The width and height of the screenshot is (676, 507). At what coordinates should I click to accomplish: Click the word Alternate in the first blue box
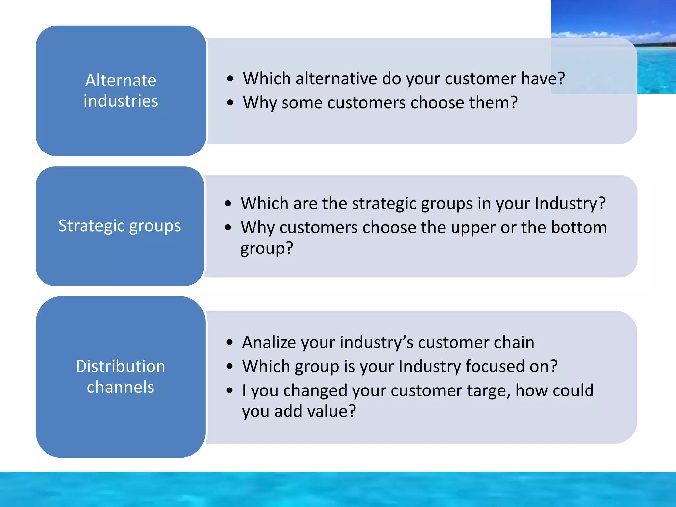pos(121,80)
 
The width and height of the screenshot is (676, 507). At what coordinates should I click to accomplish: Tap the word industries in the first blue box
pos(121,101)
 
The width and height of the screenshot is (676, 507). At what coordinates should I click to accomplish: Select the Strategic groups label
pos(119,226)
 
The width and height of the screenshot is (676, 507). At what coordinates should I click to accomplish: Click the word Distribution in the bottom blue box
pos(120,366)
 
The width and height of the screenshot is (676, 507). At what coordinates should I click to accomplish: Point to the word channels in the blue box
pos(120,387)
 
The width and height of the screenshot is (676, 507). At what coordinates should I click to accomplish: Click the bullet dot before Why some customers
pos(230,103)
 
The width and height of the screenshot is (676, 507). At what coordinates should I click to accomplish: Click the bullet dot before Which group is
pos(230,366)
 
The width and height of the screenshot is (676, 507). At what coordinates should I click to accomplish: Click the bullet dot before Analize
pos(230,342)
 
